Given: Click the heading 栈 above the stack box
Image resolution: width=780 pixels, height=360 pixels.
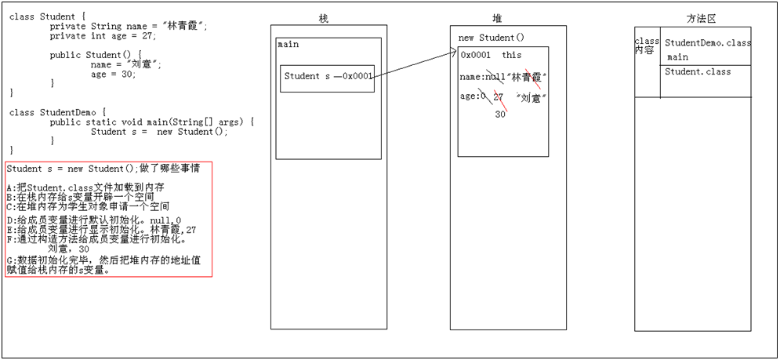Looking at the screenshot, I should point(324,19).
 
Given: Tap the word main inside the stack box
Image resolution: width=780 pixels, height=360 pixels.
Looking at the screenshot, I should point(288,45).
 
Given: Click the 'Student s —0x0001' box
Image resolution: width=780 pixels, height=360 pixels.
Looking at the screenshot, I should point(327,77).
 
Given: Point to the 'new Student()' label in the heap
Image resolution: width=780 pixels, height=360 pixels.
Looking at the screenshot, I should point(491,38).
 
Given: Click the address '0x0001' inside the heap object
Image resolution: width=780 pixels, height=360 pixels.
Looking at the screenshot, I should point(476,55).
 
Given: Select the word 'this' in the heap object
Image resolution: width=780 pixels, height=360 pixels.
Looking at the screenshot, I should point(512,55).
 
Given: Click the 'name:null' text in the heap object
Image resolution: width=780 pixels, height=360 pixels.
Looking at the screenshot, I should point(481,76).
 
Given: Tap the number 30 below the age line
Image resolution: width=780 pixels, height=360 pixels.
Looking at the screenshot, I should point(500,114).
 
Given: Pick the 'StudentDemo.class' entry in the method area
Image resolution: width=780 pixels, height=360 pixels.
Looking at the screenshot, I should point(707,42).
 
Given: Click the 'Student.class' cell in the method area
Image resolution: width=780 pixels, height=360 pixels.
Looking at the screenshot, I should point(698,71).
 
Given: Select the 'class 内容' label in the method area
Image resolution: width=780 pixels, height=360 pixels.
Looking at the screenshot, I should point(647,45).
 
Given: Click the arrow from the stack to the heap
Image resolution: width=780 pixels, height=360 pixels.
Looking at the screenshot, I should point(413,65).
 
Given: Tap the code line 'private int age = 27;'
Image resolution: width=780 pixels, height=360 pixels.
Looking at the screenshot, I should point(103,36).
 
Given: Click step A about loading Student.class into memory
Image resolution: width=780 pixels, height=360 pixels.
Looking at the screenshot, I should point(85,188).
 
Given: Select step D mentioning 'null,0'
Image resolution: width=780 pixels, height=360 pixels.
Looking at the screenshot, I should point(93,220).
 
